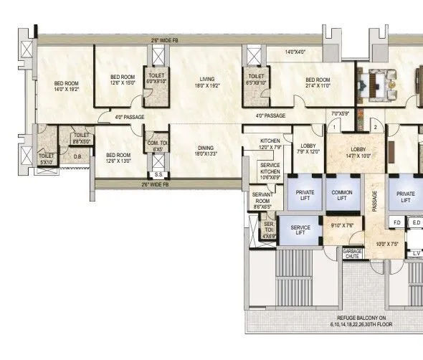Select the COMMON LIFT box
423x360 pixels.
click(342, 194)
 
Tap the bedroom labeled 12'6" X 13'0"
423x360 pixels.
click(119, 158)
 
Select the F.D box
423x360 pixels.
click(396, 222)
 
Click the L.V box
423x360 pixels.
click(416, 254)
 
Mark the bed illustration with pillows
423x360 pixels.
click(387, 80)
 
